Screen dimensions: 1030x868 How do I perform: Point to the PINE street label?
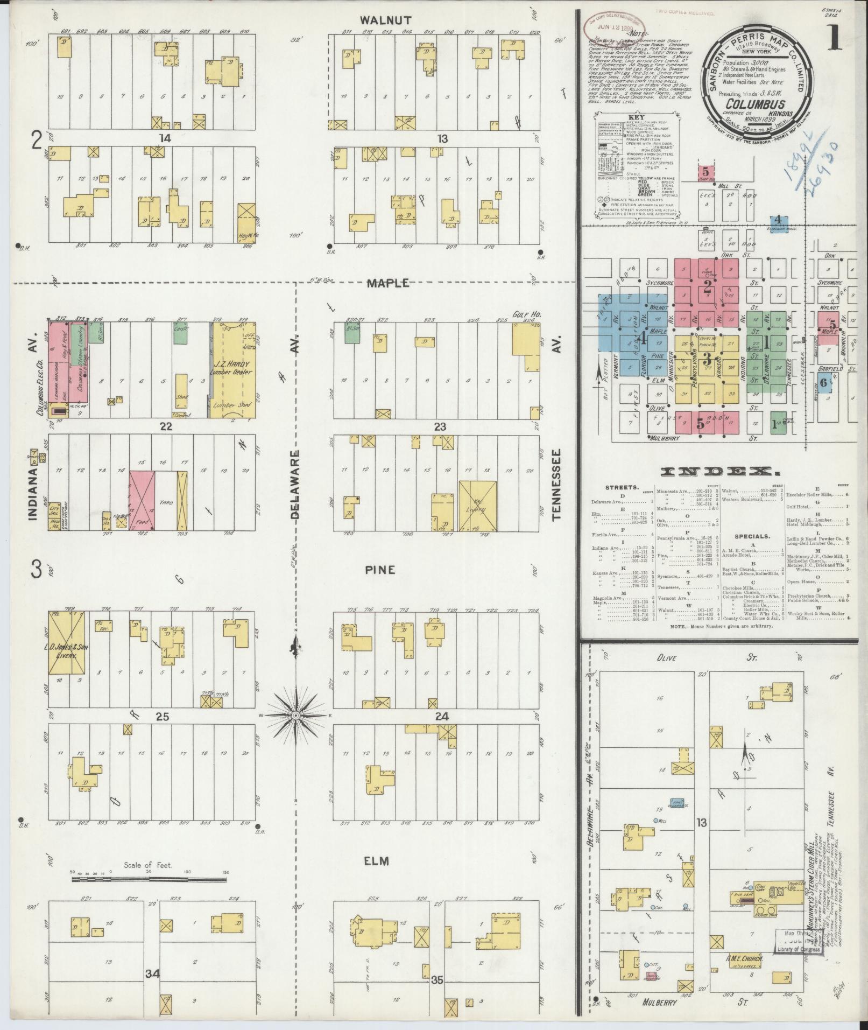[381, 570]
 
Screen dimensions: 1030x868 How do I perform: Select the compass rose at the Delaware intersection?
[295, 715]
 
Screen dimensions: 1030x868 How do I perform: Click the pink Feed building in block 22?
[142, 500]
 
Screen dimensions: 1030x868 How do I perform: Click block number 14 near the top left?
[164, 138]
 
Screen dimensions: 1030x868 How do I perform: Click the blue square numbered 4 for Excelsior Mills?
[777, 220]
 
